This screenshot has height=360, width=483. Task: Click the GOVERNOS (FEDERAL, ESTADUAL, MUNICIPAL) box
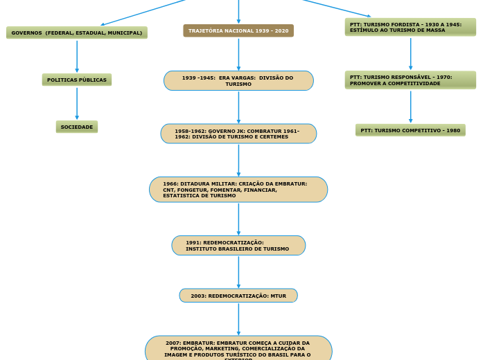(77, 33)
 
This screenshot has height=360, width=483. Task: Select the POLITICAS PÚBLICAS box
(77, 80)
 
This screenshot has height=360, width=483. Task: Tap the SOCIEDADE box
(77, 127)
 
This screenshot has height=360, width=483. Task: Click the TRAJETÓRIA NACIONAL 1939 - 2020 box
(238, 30)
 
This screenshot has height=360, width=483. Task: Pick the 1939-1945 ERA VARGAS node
(238, 81)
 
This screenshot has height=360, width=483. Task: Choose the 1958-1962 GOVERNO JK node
(238, 134)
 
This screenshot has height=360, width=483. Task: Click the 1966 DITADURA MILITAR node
(238, 190)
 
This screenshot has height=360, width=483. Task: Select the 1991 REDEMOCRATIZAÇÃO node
(238, 246)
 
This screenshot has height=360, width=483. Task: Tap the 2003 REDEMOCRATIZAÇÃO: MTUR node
(238, 296)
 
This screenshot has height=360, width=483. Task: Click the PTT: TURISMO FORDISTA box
(410, 27)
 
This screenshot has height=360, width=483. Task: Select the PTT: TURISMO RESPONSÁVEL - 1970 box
(410, 80)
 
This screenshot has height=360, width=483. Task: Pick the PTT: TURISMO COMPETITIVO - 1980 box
(410, 130)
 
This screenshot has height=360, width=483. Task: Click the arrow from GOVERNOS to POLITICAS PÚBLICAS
(77, 56)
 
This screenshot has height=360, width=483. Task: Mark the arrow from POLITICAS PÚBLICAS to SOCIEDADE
(77, 103)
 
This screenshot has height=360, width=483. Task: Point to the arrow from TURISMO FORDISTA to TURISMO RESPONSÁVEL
(410, 53)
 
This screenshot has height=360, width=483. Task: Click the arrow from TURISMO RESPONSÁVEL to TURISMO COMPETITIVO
(410, 107)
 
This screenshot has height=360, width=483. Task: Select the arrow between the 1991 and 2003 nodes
(238, 272)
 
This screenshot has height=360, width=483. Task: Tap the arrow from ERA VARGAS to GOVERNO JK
(238, 107)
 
